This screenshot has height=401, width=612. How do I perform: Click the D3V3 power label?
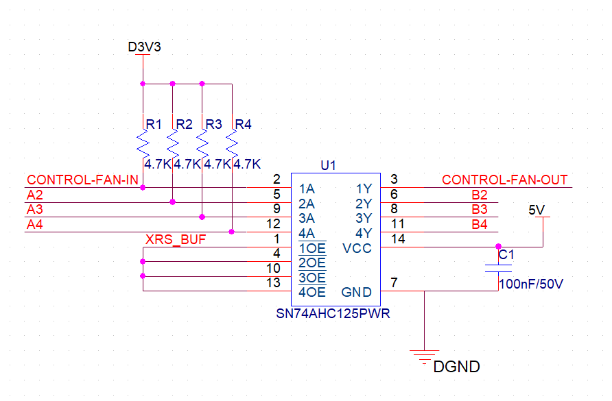point(144,47)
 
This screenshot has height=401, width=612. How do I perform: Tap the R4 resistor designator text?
point(244,124)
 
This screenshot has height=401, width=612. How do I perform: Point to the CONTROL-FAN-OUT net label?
point(505,180)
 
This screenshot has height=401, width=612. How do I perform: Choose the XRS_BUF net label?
point(176,239)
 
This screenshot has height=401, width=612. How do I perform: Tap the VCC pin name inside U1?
point(357,247)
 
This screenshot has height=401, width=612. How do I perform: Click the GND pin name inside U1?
point(357,293)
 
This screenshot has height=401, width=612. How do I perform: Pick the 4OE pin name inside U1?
point(312,293)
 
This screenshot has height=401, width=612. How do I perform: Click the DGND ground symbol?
point(425,354)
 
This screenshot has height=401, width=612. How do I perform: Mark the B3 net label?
point(480,210)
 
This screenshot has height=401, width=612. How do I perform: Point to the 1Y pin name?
point(364,189)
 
